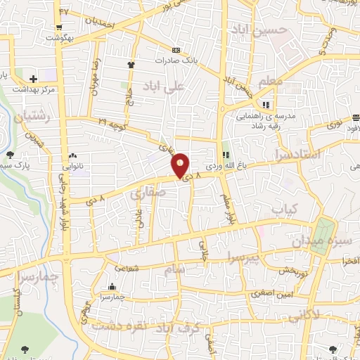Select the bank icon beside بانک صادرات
[x=176, y=50]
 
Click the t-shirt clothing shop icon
[x=131, y=65]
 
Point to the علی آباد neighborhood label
[x=163, y=86]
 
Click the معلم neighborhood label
[x=271, y=82]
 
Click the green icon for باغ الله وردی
[x=226, y=155]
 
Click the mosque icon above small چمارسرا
[x=112, y=287]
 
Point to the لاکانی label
[x=304, y=314]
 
